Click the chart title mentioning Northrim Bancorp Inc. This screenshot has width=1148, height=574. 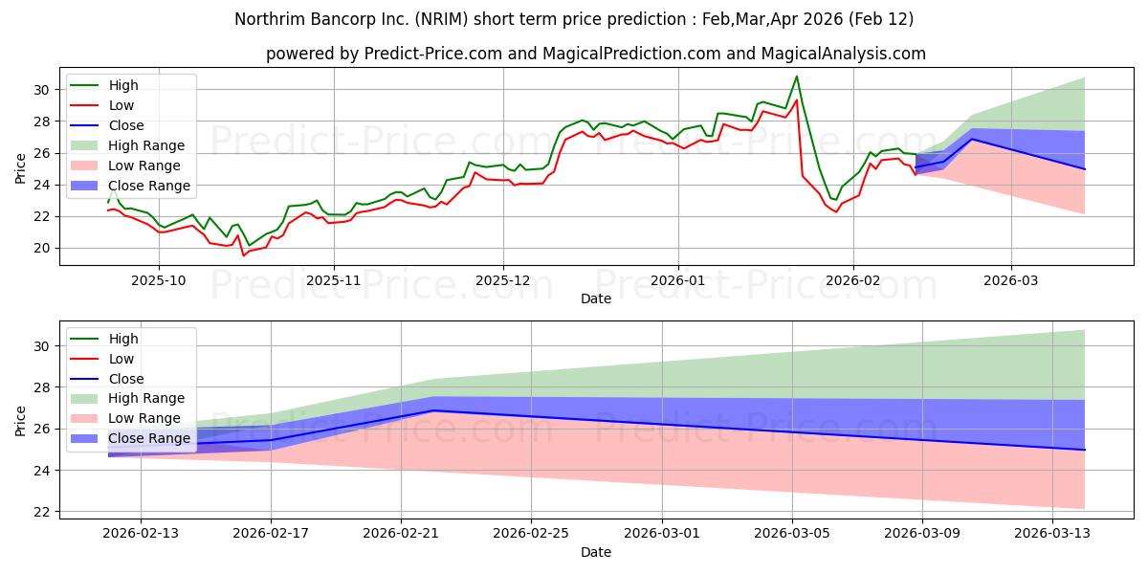(x=574, y=19)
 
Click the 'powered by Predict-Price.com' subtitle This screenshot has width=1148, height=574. (x=595, y=55)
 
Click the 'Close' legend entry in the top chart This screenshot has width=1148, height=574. (x=126, y=125)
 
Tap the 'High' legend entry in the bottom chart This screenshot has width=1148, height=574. (x=123, y=339)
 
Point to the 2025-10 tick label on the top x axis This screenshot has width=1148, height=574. (x=159, y=280)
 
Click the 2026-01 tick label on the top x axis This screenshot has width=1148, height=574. (x=677, y=280)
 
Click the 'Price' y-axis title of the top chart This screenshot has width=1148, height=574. (x=20, y=168)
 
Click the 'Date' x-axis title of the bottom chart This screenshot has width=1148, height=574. (x=595, y=552)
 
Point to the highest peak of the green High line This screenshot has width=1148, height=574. (x=796, y=77)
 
